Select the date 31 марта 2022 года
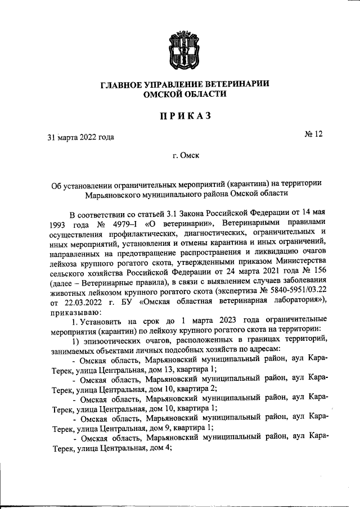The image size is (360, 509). [x=81, y=137]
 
